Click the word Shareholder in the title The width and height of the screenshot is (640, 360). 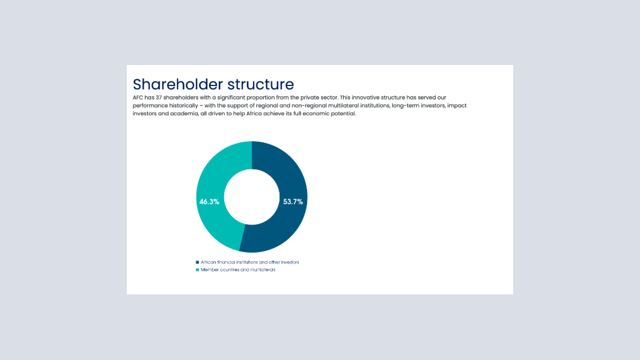coord(178,84)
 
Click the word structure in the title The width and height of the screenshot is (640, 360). coord(260,85)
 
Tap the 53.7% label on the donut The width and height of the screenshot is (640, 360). coord(293,202)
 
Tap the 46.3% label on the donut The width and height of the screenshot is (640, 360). coord(209,202)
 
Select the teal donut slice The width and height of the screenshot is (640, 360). coord(212,180)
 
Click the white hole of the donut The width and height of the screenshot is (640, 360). coord(252,197)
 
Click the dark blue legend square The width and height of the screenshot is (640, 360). coord(197,262)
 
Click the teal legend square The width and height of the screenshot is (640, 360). coord(197,270)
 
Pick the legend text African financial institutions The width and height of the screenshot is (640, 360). coord(229,262)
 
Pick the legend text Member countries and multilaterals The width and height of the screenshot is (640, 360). coord(238,270)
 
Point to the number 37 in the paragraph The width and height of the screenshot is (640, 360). coord(159,97)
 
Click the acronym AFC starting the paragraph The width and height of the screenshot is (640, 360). coord(138,97)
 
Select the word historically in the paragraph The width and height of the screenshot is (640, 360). coord(184,106)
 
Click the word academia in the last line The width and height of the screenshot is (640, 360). coord(184,114)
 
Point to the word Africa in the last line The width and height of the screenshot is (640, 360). coord(254,114)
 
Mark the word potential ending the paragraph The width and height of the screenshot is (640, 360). coord(345,114)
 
